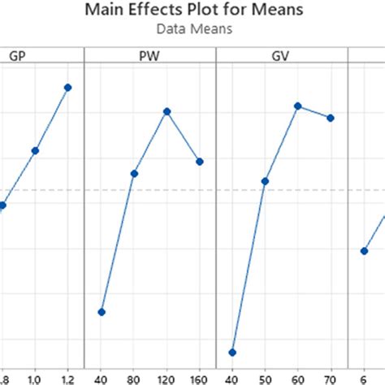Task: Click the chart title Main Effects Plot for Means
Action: pos(192,11)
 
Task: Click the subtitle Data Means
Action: pos(192,28)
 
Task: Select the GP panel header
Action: pos(16,56)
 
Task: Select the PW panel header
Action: pos(150,56)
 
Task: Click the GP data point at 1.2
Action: pos(68,87)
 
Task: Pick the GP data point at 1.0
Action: pos(35,150)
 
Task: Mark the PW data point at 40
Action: pos(102,312)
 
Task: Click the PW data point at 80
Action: pos(134,173)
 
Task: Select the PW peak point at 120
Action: pos(167,111)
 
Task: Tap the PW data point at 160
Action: pos(200,161)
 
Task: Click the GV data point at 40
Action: pos(232,353)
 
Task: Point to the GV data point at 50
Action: pos(265,180)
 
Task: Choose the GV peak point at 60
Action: pos(298,106)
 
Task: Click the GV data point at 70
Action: pos(331,118)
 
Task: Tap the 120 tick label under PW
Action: pos(167,379)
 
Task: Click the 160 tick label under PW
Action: pos(200,379)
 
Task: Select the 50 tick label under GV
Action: pos(265,379)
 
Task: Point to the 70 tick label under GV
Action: pos(331,379)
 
